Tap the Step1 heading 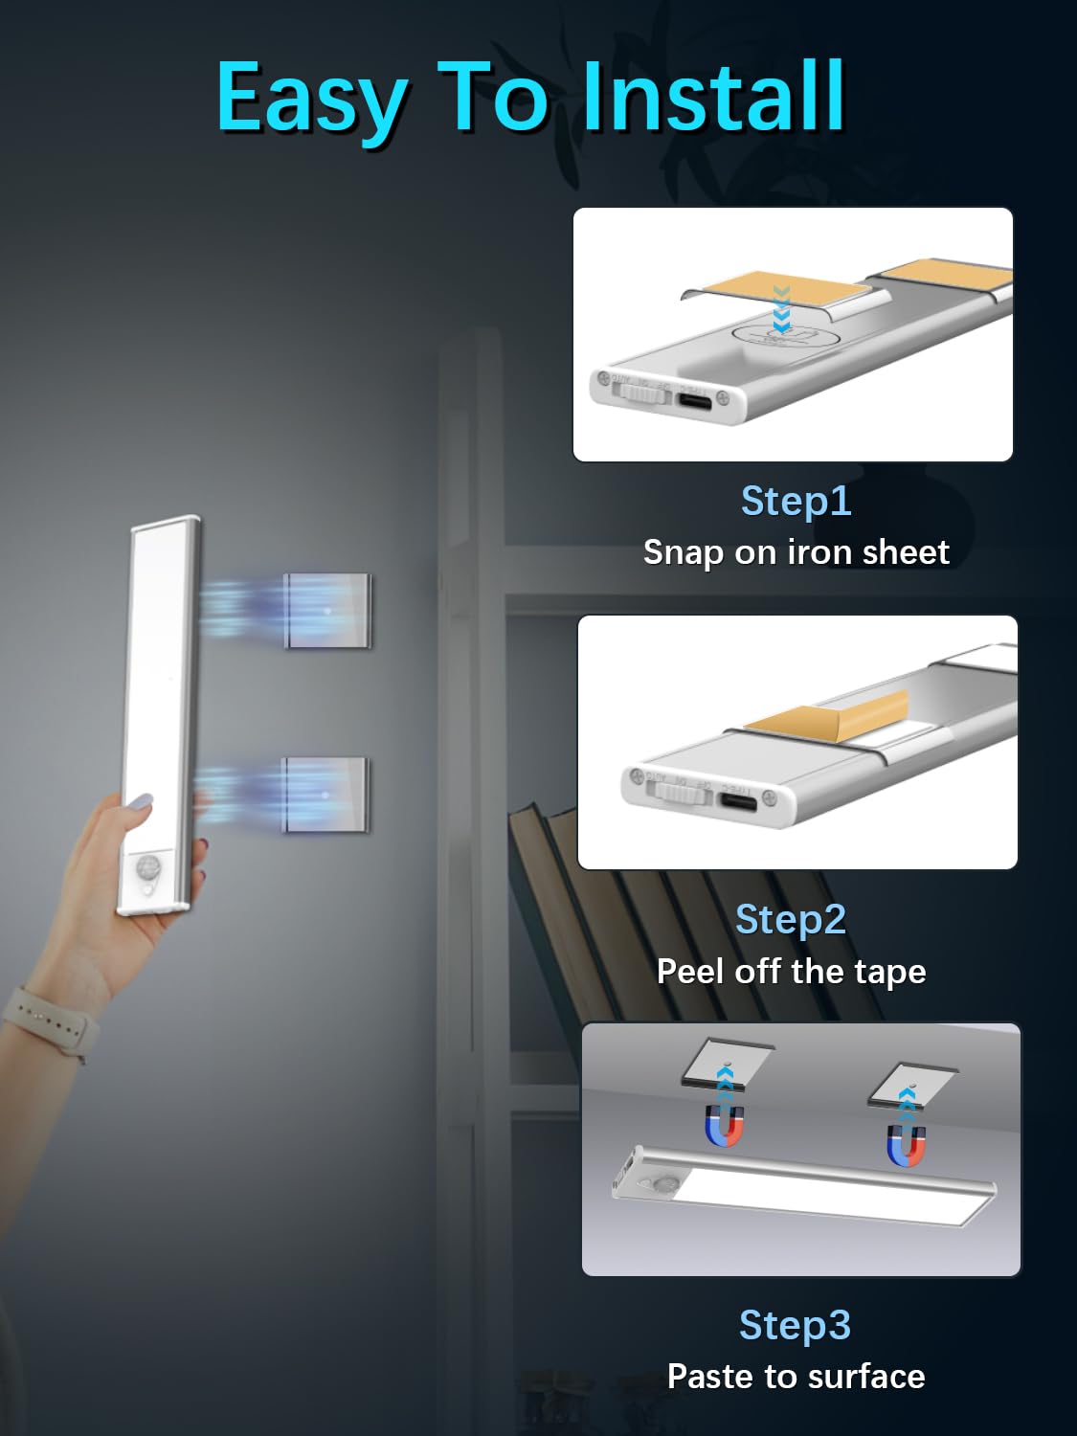click(x=796, y=501)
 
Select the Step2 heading click(x=791, y=919)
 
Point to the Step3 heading click(x=795, y=1325)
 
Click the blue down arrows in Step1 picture click(x=781, y=308)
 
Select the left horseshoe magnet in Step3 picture click(x=725, y=1126)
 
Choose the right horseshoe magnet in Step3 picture click(x=906, y=1146)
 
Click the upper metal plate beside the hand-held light click(x=327, y=611)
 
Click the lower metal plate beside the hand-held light click(x=325, y=795)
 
